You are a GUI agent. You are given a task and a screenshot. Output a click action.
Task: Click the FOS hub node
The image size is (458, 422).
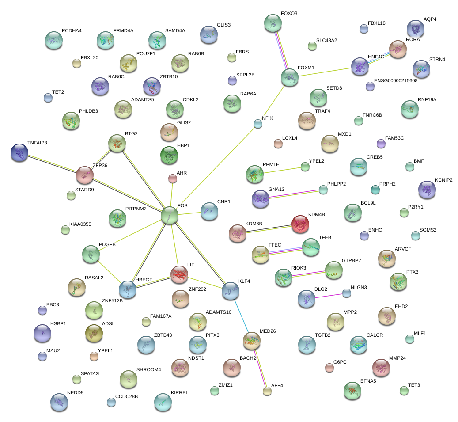click(170, 215)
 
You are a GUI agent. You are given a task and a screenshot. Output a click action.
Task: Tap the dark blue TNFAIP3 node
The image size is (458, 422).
click(19, 152)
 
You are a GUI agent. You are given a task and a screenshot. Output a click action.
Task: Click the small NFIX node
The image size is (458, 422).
click(258, 124)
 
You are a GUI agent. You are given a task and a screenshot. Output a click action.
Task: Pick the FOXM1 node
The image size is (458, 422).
click(290, 77)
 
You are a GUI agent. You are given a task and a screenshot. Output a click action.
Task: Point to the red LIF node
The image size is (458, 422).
click(179, 274)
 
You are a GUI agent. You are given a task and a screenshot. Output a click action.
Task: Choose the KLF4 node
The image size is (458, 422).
click(230, 290)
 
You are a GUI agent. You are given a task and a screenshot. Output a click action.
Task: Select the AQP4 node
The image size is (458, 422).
click(415, 29)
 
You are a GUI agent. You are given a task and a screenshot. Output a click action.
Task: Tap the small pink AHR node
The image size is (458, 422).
click(173, 179)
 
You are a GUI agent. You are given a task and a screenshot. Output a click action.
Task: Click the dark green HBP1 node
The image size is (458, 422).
click(169, 155)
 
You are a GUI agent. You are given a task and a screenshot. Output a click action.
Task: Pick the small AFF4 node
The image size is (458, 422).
click(267, 391)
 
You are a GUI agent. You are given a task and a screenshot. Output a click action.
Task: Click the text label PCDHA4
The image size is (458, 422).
click(72, 30)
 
